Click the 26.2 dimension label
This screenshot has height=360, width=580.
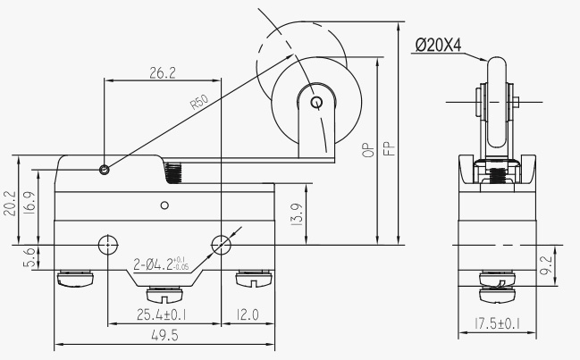click(163, 73)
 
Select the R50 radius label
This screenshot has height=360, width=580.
click(199, 102)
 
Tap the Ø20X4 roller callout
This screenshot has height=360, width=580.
click(438, 46)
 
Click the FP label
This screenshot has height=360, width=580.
click(390, 148)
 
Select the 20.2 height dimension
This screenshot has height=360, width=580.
click(10, 204)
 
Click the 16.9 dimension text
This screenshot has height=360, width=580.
click(29, 203)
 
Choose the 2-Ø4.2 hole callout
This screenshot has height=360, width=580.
click(161, 264)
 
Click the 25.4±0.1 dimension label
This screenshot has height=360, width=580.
click(161, 315)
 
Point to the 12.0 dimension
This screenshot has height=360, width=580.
click(248, 315)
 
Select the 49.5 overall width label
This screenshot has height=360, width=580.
click(164, 336)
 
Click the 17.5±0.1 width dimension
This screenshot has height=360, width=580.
click(498, 323)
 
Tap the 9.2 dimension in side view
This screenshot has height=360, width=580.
click(546, 265)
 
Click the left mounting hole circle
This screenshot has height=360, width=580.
click(107, 245)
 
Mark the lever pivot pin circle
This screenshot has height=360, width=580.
click(105, 170)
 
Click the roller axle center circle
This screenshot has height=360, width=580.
click(316, 102)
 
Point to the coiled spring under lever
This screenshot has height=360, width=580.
click(173, 172)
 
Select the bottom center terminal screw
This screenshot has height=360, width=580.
click(164, 295)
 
